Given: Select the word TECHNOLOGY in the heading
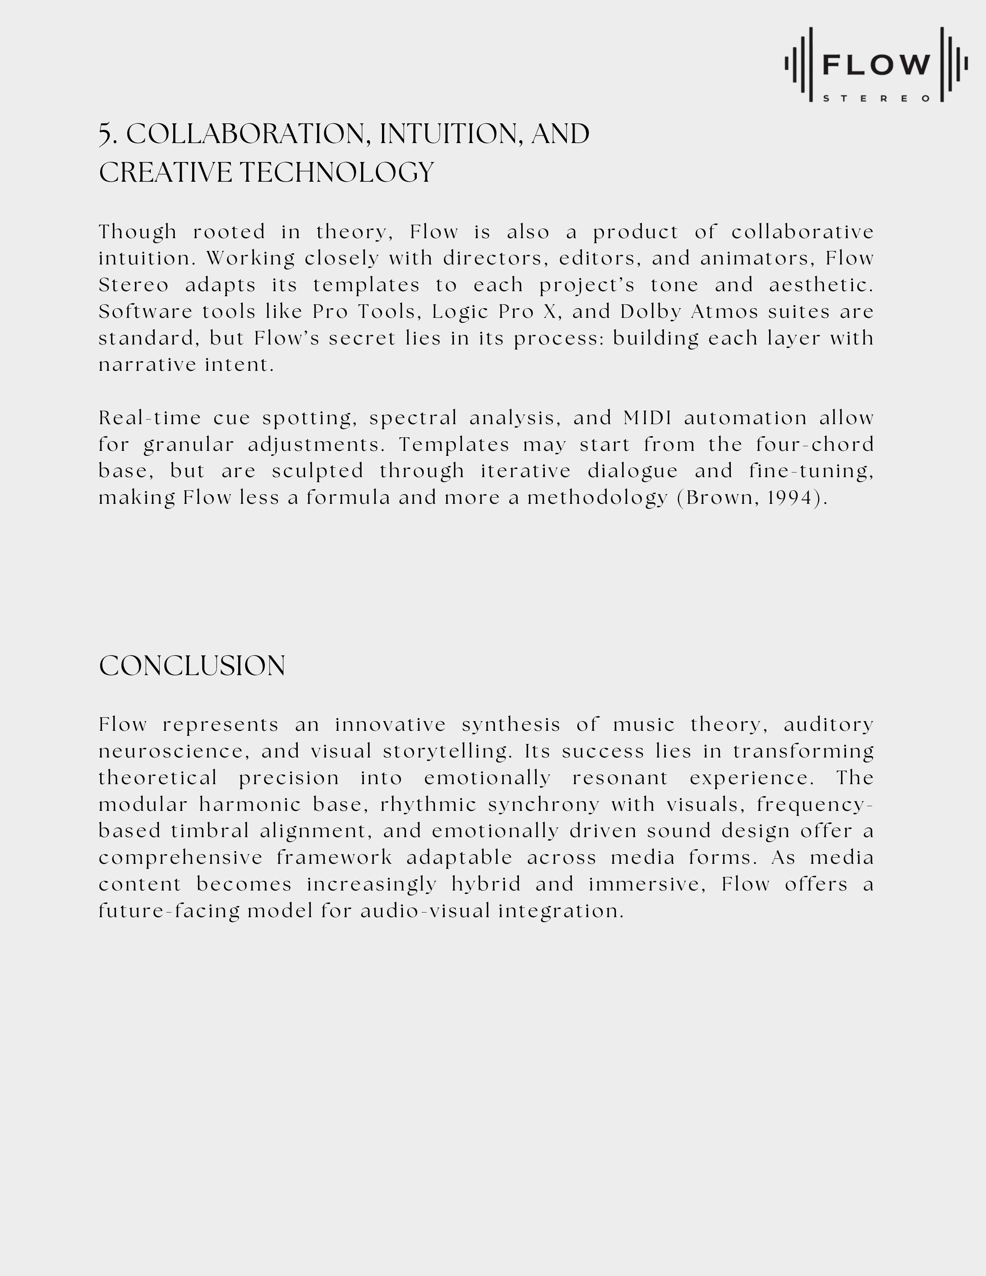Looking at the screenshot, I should tap(337, 173).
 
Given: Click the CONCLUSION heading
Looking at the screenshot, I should tap(192, 666).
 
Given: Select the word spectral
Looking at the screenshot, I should tap(413, 418).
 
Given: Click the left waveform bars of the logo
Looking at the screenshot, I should tap(800, 64).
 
